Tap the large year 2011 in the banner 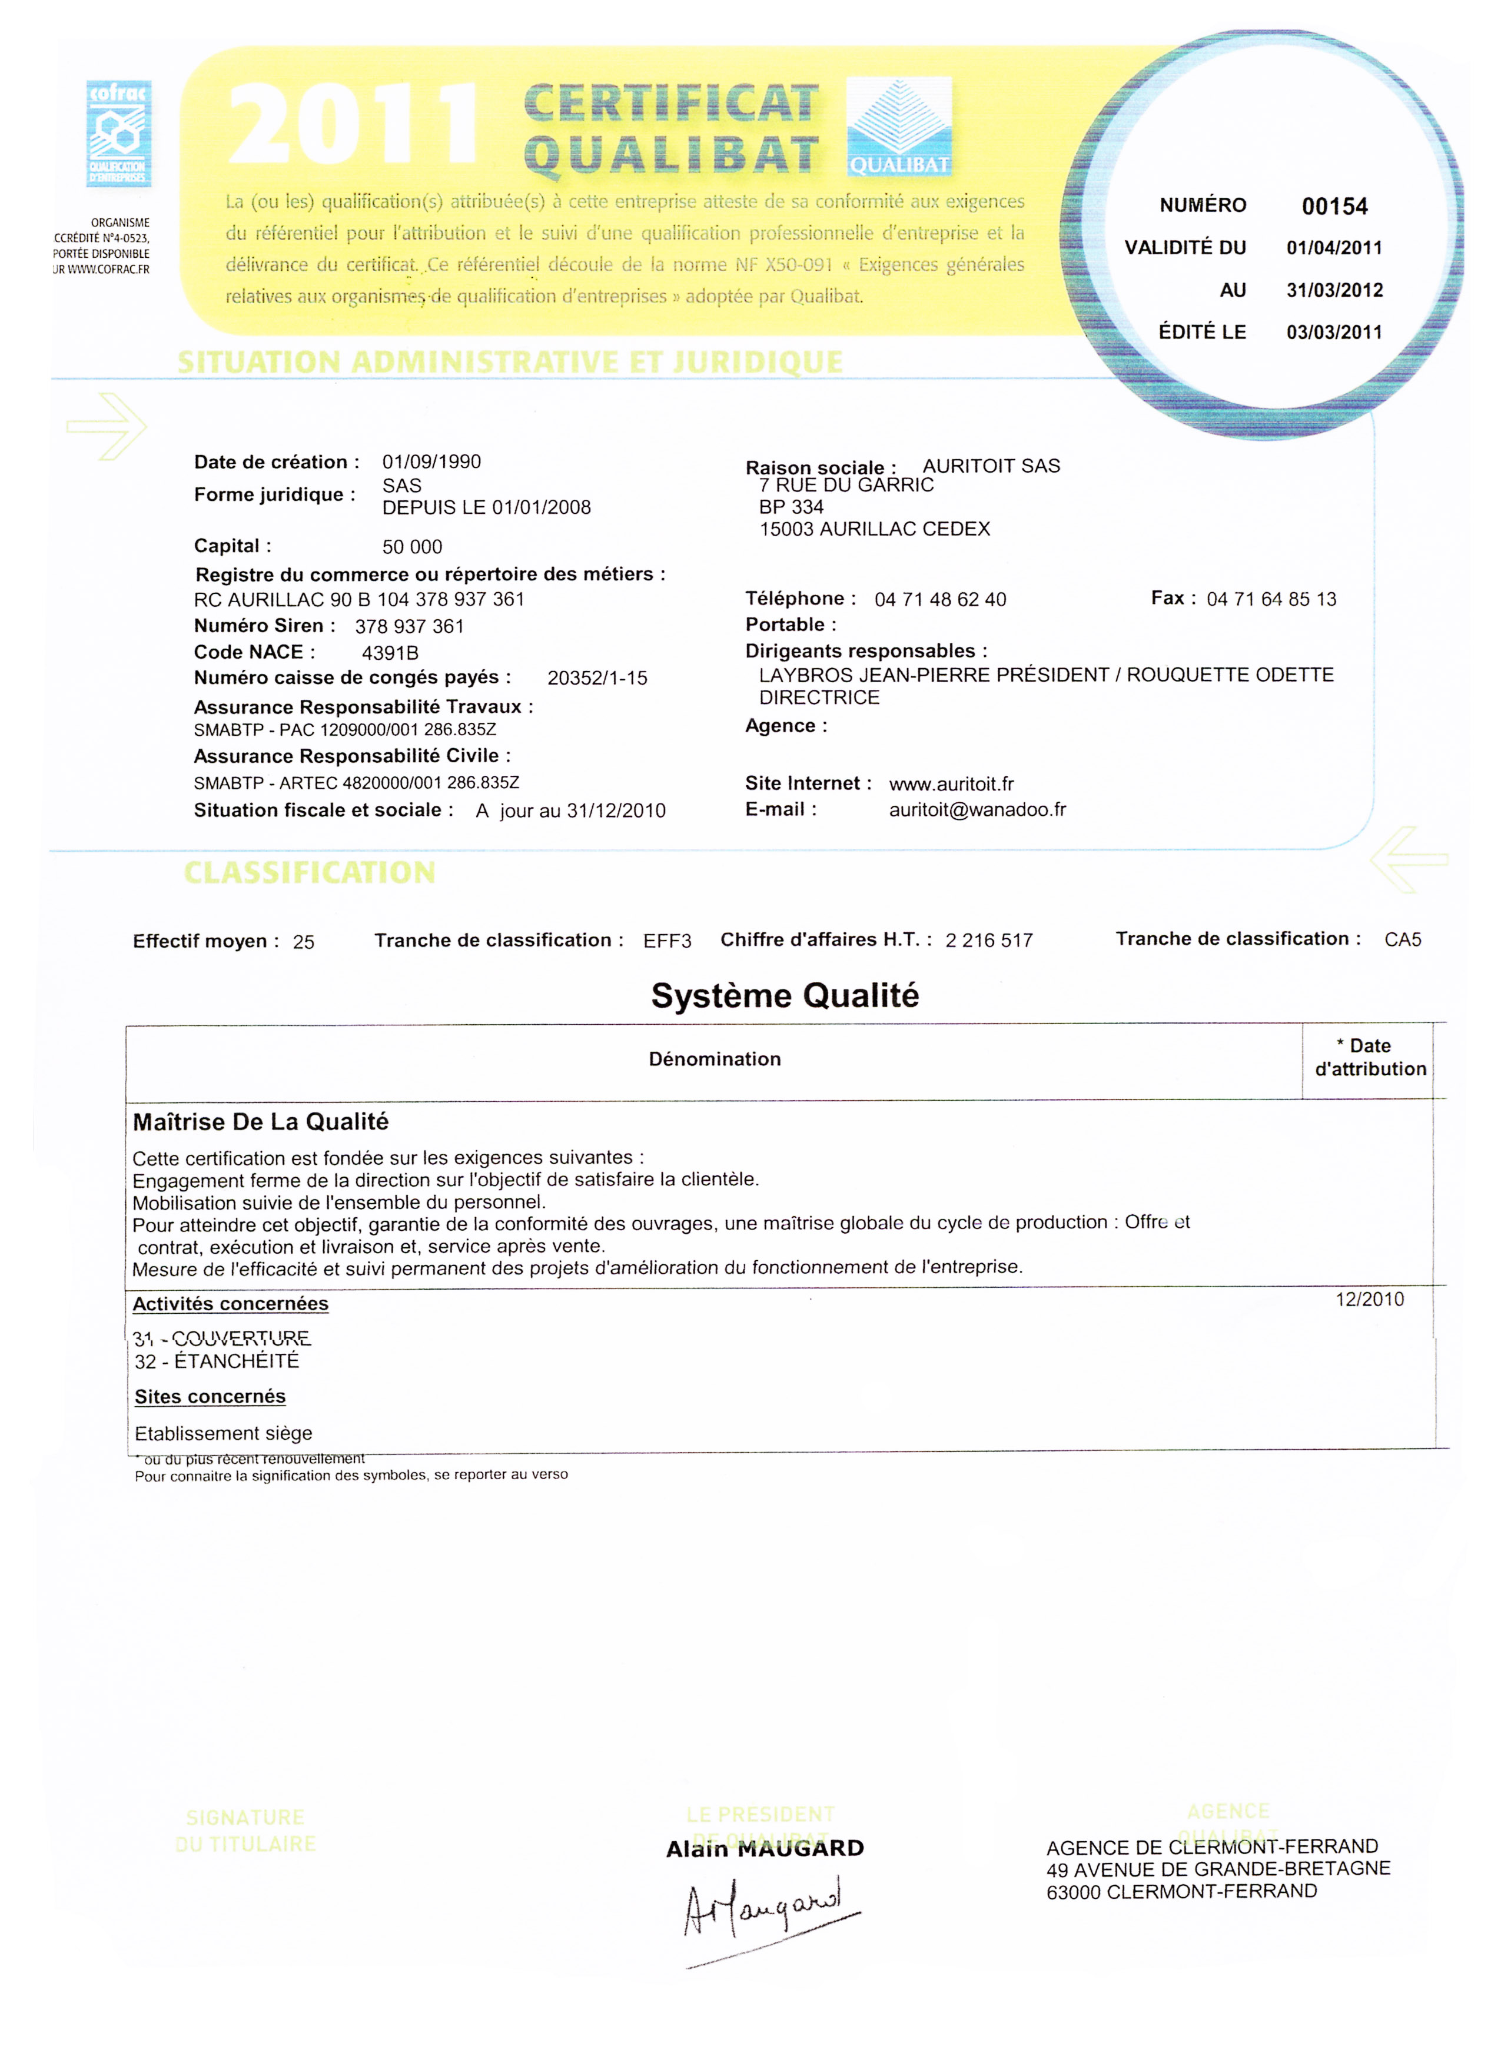[353, 125]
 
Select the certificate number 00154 [1334, 207]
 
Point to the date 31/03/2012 [1334, 291]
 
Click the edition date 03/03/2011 [1334, 333]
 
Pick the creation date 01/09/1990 [431, 462]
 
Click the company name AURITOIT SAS [991, 466]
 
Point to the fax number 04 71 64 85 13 [1271, 599]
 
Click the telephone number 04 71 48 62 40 [940, 599]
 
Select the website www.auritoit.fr [951, 784]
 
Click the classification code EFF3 [667, 941]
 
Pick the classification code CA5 [1403, 940]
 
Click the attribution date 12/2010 [1370, 1300]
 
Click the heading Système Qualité [784, 996]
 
